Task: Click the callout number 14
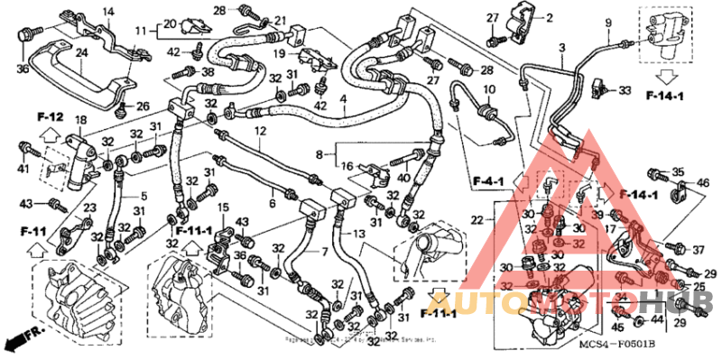point(108,11)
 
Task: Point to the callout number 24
point(80,52)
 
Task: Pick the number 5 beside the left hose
point(142,196)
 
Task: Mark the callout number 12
point(259,133)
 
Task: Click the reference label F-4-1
point(486,183)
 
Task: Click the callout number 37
point(698,250)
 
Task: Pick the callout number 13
point(360,235)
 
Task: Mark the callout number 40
point(403,178)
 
